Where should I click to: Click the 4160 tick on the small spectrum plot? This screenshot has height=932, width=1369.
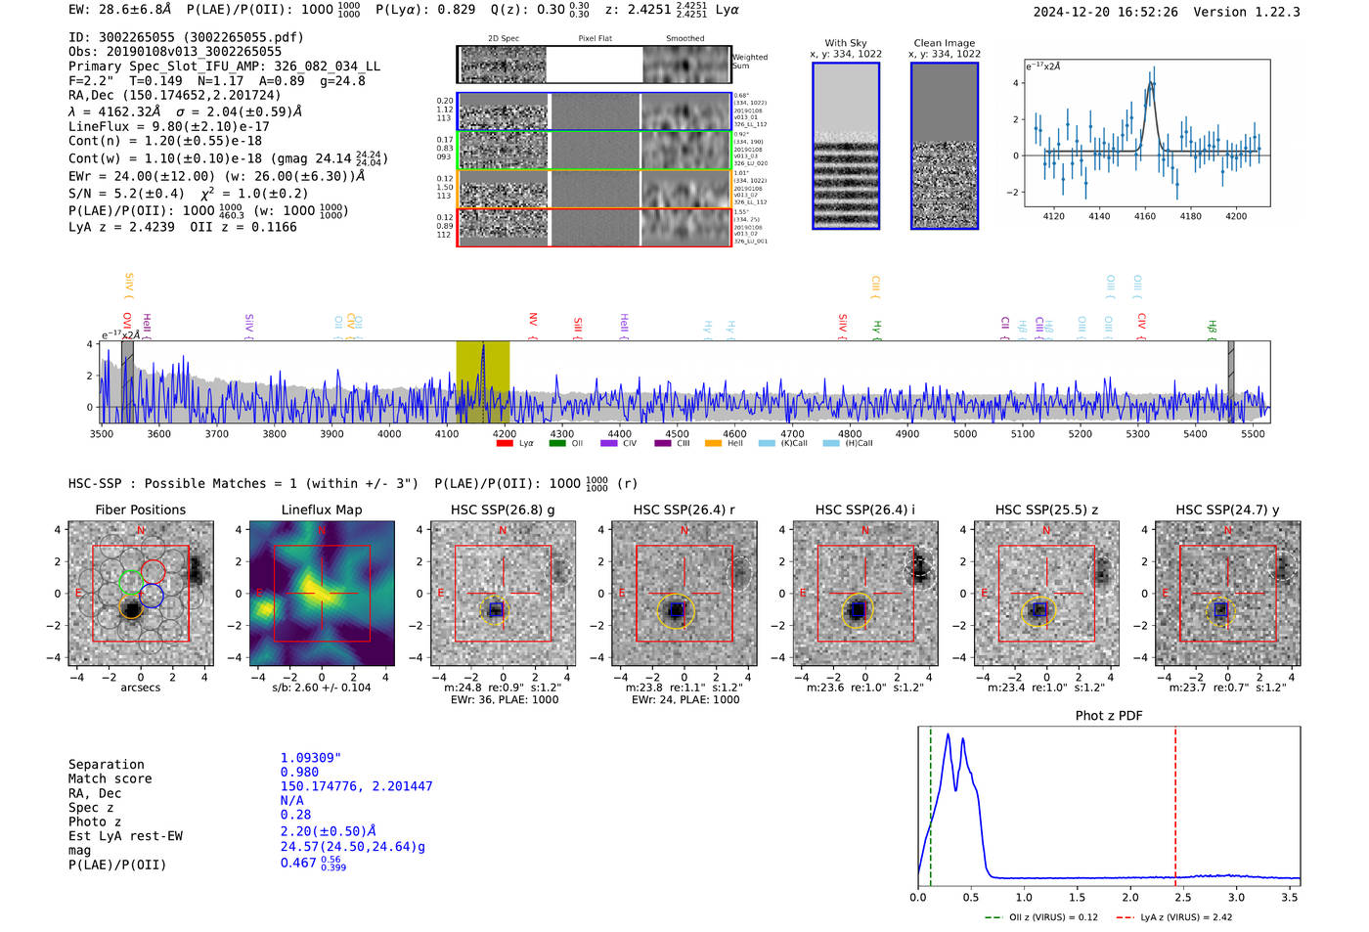(1145, 216)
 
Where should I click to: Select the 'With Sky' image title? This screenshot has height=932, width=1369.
(845, 43)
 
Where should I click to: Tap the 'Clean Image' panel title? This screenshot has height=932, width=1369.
(944, 43)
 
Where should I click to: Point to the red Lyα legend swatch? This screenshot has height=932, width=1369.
(505, 443)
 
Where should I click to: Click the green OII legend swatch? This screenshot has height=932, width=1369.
(557, 443)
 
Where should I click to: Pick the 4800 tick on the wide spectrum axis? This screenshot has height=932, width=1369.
(850, 434)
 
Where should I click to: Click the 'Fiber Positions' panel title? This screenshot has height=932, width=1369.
(140, 510)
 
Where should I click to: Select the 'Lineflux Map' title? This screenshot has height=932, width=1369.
(321, 510)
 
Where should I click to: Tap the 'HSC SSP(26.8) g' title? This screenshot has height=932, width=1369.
(503, 510)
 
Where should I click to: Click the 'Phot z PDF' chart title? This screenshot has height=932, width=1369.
(1109, 716)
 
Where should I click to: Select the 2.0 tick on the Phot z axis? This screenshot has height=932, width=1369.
(1130, 897)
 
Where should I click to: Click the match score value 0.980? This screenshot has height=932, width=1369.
(299, 773)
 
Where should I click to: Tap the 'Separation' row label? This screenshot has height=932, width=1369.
(106, 765)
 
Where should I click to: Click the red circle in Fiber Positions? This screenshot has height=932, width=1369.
(153, 571)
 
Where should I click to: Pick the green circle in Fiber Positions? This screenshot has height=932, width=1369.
(130, 583)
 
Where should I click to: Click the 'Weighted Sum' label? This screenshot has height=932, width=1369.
(749, 62)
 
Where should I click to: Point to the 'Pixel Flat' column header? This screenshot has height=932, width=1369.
(595, 39)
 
